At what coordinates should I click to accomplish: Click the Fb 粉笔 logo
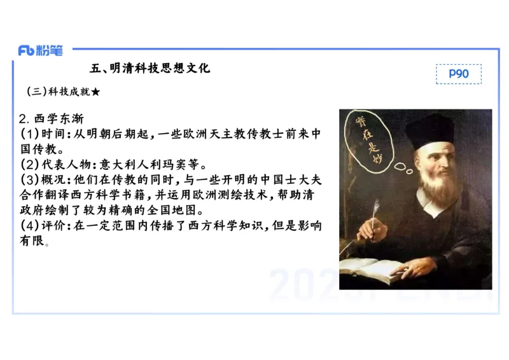40,50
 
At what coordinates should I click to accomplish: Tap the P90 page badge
458,74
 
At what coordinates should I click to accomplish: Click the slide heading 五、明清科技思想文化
150,67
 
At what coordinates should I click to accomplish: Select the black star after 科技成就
95,92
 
